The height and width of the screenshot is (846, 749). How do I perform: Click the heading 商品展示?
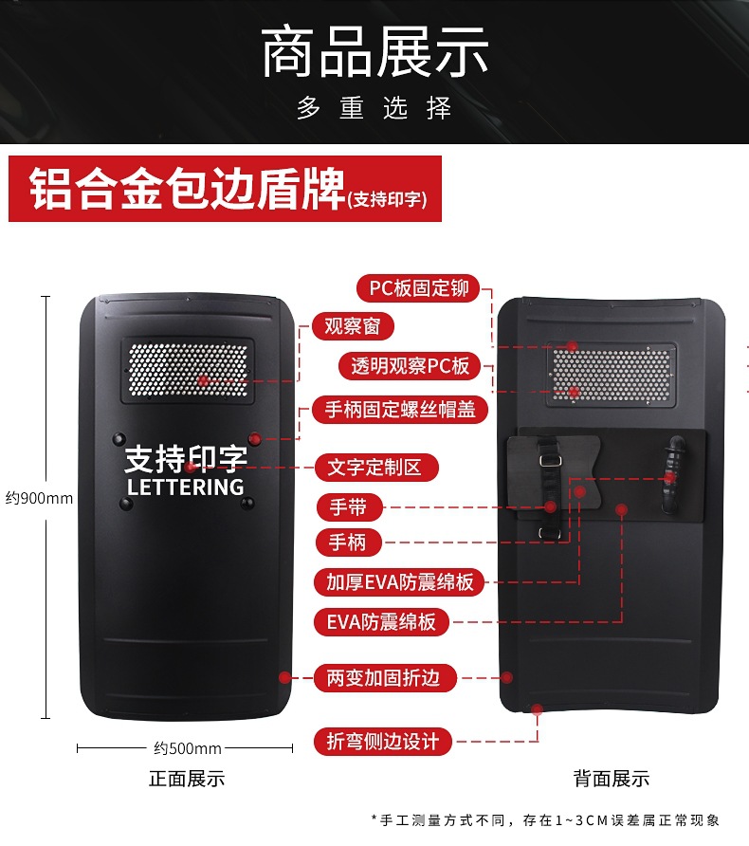point(374,52)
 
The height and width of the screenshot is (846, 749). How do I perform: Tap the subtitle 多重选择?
point(374,107)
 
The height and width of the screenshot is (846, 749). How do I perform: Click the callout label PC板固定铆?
point(418,288)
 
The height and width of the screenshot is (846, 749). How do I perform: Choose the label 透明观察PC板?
point(411,366)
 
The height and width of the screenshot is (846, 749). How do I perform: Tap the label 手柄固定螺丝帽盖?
point(400,410)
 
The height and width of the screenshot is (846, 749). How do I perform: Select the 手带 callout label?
point(348,507)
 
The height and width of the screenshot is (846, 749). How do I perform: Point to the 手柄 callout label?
point(348,543)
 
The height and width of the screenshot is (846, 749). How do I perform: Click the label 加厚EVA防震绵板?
point(400,582)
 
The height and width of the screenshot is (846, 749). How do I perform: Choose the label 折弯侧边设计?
point(383,741)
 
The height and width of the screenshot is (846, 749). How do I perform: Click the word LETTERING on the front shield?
point(186,487)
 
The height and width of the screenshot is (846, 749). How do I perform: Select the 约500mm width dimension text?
point(188,748)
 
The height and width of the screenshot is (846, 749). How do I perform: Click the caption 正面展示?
point(187,779)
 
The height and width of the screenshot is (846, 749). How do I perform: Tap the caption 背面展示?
point(612,779)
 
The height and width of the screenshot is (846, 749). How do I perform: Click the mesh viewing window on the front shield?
point(187,371)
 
